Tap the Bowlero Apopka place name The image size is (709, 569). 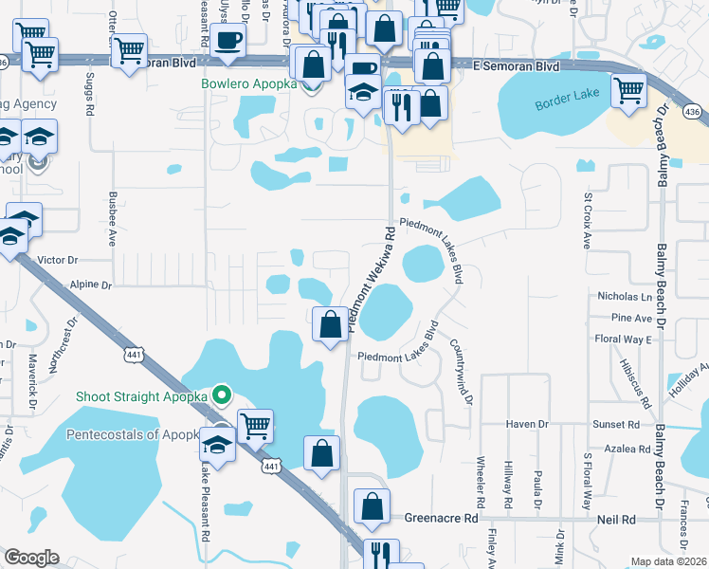point(248,83)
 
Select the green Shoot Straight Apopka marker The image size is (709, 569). point(222,394)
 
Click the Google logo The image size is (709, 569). point(30,558)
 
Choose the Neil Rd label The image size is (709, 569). point(616,520)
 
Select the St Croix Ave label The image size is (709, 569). point(588,221)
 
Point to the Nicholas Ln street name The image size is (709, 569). point(619,297)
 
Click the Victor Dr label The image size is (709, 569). point(57,259)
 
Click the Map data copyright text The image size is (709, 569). point(668,561)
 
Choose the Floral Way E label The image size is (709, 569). point(622,339)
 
